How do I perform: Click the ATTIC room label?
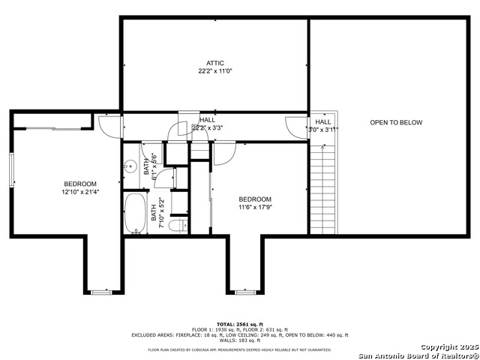[x=215, y=63]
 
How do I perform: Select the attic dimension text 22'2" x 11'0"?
[x=215, y=71]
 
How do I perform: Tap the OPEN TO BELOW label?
[x=396, y=122]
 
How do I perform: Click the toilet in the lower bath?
[x=176, y=226]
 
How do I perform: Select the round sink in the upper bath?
[x=130, y=167]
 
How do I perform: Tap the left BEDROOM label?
[x=79, y=184]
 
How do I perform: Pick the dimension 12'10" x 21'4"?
[x=79, y=192]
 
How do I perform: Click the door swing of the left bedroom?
[x=109, y=126]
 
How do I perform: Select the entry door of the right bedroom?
[x=223, y=152]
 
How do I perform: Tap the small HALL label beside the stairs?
[x=323, y=121]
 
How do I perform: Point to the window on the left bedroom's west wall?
[x=12, y=170]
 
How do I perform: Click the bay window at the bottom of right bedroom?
[x=245, y=291]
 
